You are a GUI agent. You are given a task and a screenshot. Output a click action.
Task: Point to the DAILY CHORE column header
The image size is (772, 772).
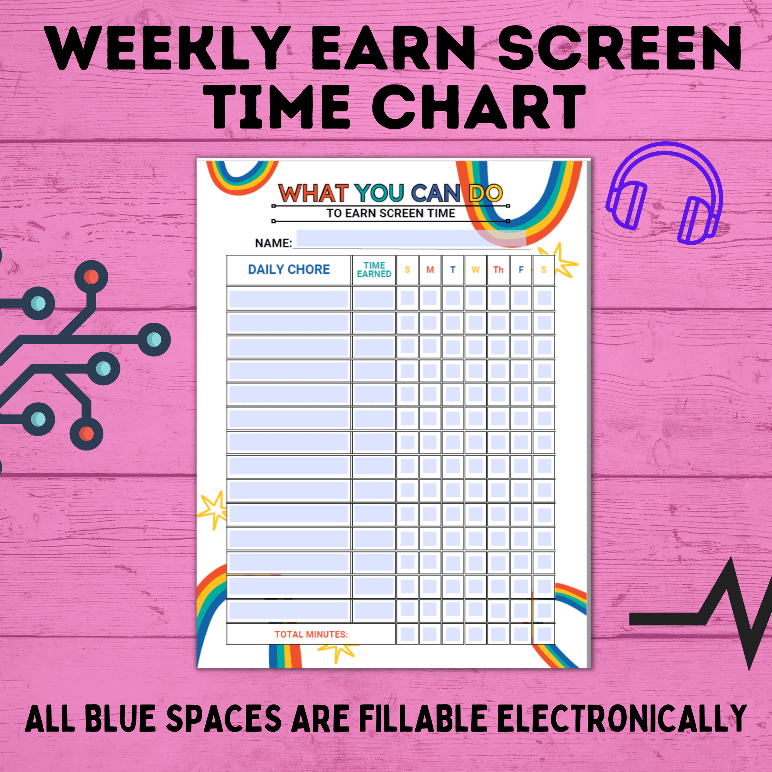(289, 270)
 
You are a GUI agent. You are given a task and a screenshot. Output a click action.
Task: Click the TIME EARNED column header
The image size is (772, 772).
(374, 270)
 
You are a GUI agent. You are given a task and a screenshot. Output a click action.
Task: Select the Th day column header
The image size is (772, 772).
(498, 270)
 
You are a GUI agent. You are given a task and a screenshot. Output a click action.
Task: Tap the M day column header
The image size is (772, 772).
(430, 270)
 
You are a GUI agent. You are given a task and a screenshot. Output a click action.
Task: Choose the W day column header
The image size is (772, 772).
(476, 270)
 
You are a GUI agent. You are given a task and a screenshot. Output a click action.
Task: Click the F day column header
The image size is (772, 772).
(521, 270)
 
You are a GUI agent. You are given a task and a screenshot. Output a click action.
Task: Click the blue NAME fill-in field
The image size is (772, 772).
(411, 239)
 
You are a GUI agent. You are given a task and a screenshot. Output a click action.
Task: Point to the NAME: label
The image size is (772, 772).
(274, 243)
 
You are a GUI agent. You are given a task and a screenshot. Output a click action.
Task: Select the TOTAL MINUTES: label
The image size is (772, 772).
(311, 634)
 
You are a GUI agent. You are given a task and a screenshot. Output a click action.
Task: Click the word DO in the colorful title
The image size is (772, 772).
(486, 193)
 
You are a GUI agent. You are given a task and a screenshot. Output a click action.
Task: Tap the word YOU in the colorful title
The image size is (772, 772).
(380, 193)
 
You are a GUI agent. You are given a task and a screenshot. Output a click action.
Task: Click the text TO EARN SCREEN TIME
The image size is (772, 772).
(391, 213)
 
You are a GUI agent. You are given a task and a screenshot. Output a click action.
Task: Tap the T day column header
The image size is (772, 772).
(453, 270)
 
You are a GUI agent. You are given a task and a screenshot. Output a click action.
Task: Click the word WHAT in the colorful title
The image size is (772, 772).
(313, 193)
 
